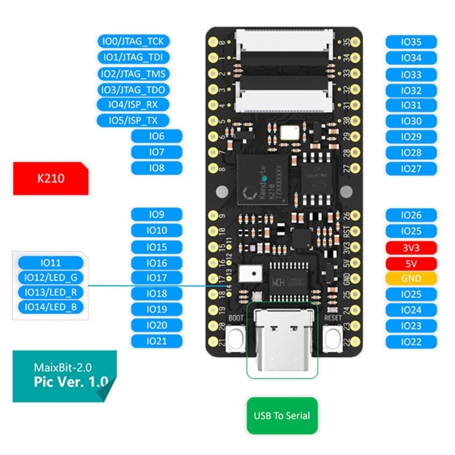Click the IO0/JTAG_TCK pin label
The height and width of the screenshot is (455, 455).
pyautogui.click(x=132, y=42)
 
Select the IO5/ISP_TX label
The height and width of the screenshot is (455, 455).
pyautogui.click(x=132, y=121)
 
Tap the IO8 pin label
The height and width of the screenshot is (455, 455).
pyautogui.click(x=157, y=168)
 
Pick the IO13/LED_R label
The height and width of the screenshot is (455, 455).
pyautogui.click(x=51, y=292)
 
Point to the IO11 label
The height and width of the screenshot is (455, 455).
pyautogui.click(x=51, y=263)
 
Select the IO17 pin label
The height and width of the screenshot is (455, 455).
pyautogui.click(x=157, y=278)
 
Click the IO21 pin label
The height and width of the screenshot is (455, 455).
pyautogui.click(x=157, y=341)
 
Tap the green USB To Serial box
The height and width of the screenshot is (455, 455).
pyautogui.click(x=282, y=416)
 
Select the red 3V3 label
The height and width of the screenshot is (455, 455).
pyautogui.click(x=411, y=247)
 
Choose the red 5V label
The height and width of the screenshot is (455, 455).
pyautogui.click(x=411, y=263)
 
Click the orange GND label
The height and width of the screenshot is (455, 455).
pyautogui.click(x=411, y=279)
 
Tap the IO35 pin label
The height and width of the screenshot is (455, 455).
pyautogui.click(x=411, y=42)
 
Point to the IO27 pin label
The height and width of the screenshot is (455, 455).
pyautogui.click(x=411, y=168)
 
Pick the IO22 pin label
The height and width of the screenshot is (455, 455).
pyautogui.click(x=411, y=341)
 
